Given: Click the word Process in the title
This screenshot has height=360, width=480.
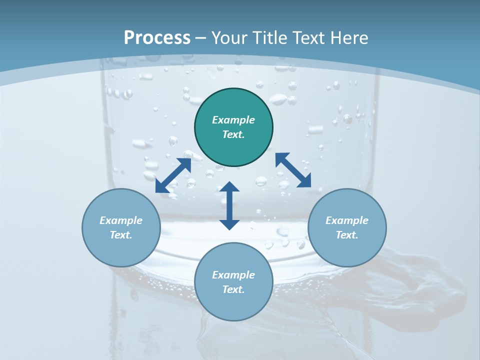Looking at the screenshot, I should click(x=157, y=38).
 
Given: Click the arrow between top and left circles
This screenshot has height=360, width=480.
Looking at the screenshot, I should click(x=173, y=175).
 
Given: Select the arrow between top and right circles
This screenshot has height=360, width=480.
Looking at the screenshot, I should click(x=293, y=170).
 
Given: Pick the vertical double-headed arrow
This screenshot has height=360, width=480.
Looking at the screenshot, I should click(x=229, y=205).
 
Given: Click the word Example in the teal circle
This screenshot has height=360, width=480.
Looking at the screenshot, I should click(x=233, y=120).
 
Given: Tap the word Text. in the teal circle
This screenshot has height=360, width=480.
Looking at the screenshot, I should click(x=233, y=134).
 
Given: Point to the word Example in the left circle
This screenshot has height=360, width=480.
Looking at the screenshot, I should click(x=121, y=220).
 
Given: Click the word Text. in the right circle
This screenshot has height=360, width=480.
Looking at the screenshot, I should click(x=347, y=235).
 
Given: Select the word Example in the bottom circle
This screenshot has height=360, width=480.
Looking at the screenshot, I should click(x=233, y=275).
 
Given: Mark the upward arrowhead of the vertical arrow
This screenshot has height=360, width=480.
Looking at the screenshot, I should click(x=229, y=187).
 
